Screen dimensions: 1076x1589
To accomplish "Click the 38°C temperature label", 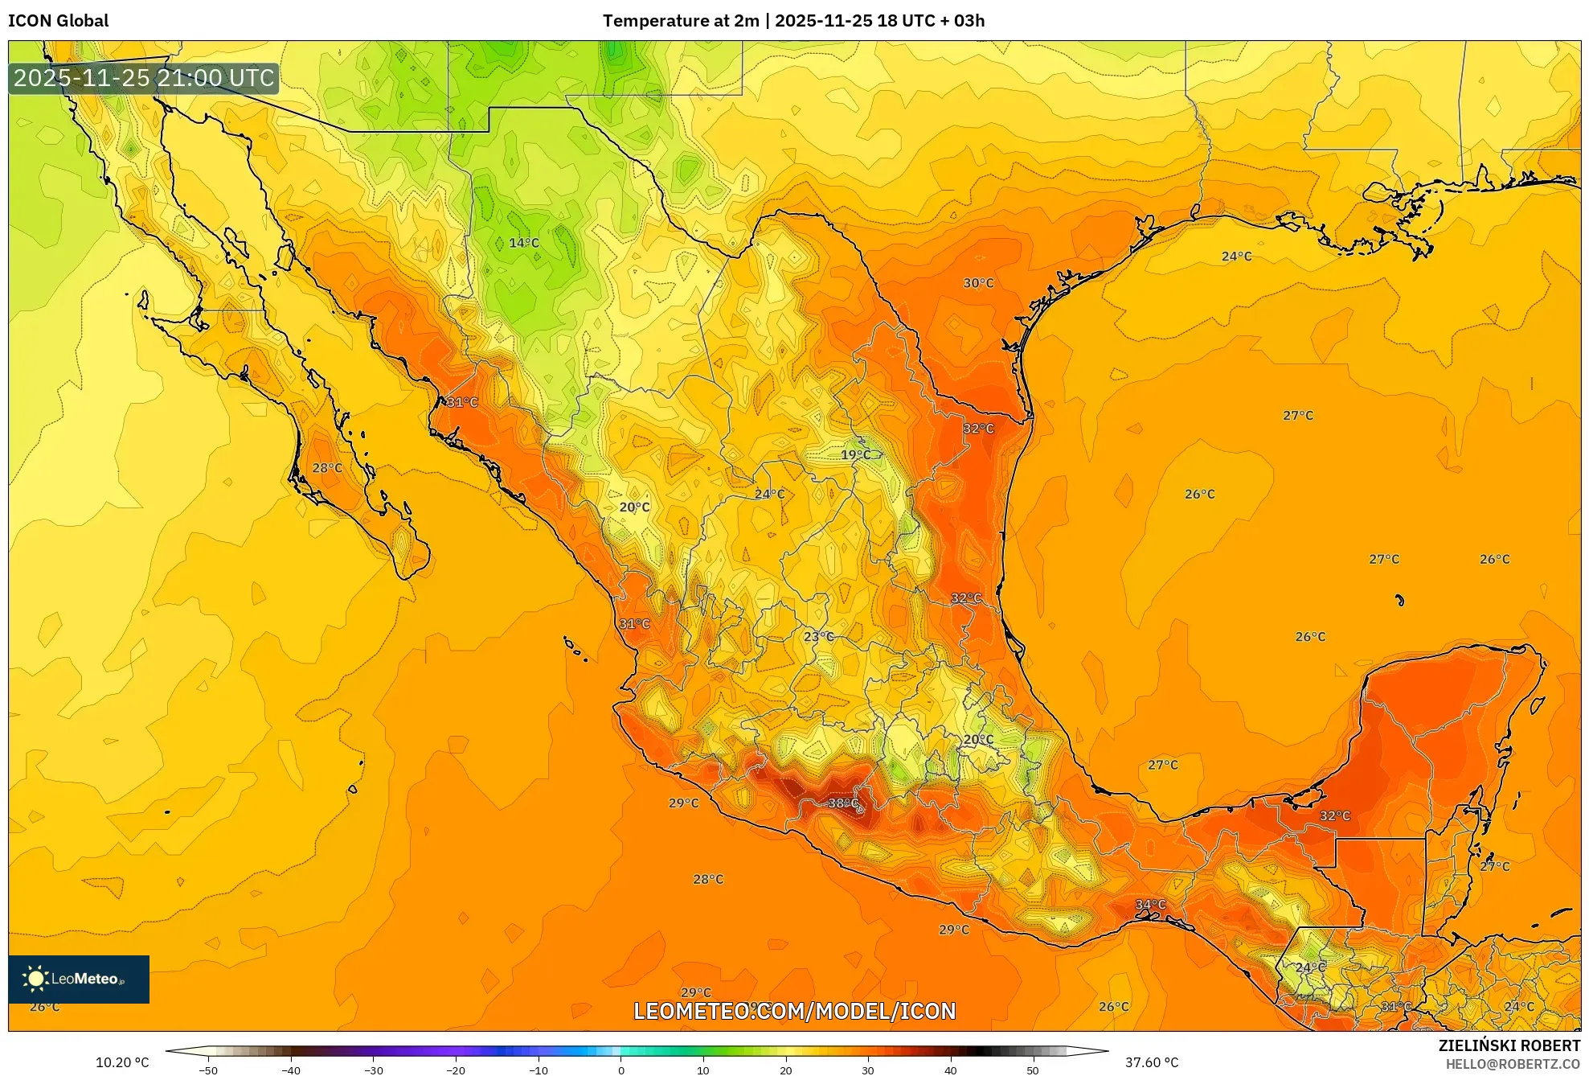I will tap(843, 803).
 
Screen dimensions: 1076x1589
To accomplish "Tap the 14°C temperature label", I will tap(524, 243).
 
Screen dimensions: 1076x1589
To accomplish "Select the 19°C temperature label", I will tap(855, 455).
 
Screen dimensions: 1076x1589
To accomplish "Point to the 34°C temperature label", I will tap(1150, 905).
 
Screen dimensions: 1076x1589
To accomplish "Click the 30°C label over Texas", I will tap(978, 283).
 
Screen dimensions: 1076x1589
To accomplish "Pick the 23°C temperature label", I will tap(818, 636).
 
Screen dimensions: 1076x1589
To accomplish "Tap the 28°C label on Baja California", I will tap(327, 468).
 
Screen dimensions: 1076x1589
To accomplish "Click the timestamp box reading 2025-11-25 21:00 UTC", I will tap(144, 78).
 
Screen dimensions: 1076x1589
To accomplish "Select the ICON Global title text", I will tap(59, 21).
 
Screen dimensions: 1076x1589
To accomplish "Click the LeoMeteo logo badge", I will tap(79, 979).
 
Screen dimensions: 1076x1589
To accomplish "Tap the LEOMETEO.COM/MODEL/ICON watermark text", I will tap(794, 1011).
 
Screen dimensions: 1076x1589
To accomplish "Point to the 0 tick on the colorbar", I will tap(620, 1070).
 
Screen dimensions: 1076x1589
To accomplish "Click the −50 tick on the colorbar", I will tap(208, 1070).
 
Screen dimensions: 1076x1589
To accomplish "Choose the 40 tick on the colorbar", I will tap(950, 1070).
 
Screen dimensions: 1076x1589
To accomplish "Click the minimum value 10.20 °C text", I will tap(122, 1062).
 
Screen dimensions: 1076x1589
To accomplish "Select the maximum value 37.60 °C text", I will tap(1151, 1062).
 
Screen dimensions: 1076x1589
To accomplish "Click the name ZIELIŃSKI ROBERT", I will tap(1509, 1045).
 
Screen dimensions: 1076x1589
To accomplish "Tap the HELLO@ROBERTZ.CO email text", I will tap(1513, 1064).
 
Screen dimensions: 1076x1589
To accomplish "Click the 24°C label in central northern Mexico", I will tap(769, 494).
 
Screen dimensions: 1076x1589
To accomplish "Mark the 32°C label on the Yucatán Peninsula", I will tap(1334, 815).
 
